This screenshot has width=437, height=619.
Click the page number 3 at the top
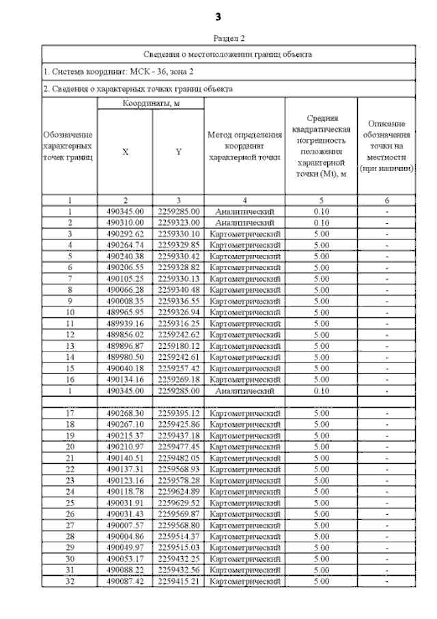coord(218,16)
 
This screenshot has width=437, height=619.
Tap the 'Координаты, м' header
coord(151,103)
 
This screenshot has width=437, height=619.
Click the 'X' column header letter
coord(124,153)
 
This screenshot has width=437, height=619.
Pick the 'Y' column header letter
coord(178,153)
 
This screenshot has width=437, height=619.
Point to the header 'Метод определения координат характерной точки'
coord(244,146)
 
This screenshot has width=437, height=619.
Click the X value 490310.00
coord(124,223)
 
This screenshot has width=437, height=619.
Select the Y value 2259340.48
coord(178,289)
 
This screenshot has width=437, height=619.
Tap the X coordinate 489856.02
coord(124,334)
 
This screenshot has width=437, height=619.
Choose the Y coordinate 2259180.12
coord(178,345)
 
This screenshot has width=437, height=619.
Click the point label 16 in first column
coord(70,378)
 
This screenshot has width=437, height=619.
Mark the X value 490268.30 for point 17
coord(124,413)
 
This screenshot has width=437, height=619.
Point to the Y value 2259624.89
coord(178,490)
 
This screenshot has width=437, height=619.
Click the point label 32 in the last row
coord(70,581)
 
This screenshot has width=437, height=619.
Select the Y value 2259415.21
coord(178,581)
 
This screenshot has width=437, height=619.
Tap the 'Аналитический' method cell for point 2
coord(244,223)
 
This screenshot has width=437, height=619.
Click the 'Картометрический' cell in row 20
coord(244,447)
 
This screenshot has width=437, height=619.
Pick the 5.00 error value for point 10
coord(321,311)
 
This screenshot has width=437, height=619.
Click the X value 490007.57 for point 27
coord(124,525)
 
